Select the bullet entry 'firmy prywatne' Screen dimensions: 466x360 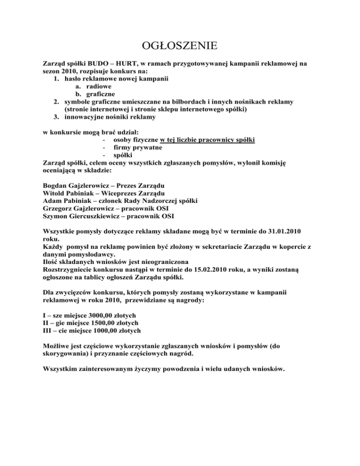136,148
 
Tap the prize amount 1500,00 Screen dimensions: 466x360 104,323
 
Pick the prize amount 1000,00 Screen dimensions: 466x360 107,331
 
